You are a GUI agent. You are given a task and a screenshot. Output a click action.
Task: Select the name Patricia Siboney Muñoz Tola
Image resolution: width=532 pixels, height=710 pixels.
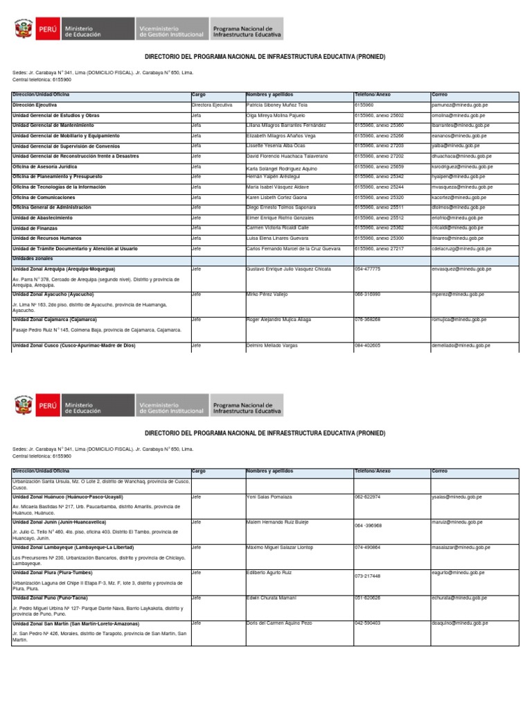[x=277, y=105]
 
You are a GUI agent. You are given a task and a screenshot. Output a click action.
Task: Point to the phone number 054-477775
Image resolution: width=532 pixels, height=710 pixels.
[x=367, y=268]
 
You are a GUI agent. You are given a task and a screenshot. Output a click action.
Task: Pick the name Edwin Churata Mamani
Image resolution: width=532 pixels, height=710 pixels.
[x=272, y=598]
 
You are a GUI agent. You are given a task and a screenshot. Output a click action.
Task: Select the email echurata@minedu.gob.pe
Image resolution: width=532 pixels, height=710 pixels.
[x=457, y=598]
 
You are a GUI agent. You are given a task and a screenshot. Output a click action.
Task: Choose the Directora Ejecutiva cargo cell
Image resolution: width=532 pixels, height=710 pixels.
[x=212, y=105]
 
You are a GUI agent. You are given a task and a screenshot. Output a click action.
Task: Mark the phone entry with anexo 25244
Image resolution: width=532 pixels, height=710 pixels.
[x=378, y=187]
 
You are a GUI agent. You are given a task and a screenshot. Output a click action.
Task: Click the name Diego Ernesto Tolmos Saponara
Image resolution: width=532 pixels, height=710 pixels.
[x=281, y=207]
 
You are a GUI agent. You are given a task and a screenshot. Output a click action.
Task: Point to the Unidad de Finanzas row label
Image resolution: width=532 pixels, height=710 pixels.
[x=35, y=227]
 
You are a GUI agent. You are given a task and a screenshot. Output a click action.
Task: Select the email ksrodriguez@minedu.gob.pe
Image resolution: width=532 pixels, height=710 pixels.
[x=462, y=167]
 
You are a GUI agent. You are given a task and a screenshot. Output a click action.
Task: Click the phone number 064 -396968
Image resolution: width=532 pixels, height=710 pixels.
[x=368, y=526]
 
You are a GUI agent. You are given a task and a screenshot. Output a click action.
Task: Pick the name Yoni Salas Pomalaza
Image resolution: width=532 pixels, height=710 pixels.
[x=269, y=496]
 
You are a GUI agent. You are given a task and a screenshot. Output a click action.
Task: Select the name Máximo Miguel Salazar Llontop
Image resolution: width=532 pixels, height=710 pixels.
[x=280, y=547]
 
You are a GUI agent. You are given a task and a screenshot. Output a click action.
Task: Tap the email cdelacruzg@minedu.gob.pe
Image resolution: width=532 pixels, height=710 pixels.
[x=461, y=248]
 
